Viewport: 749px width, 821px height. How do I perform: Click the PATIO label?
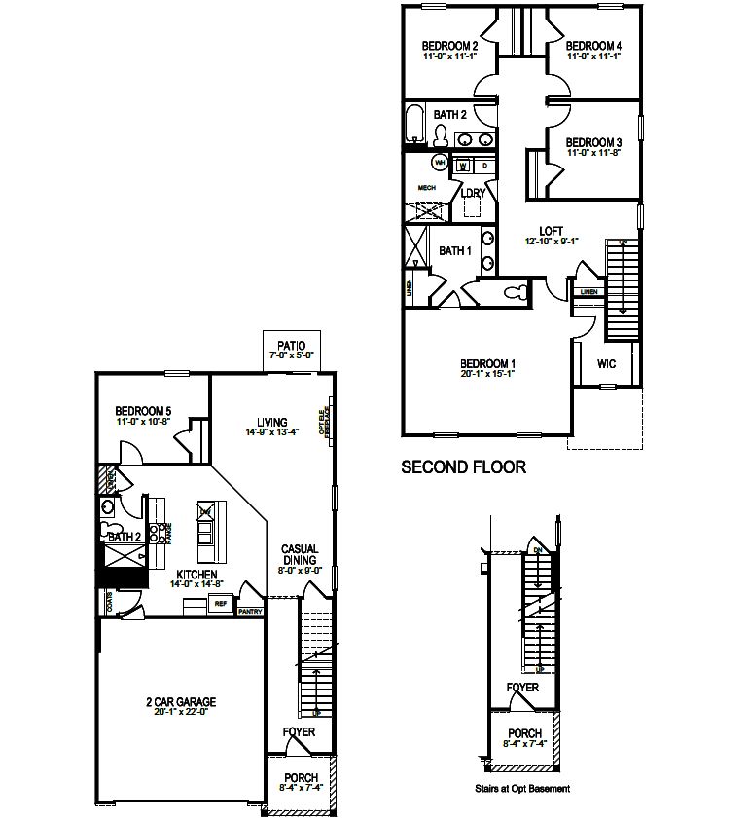pyautogui.click(x=291, y=345)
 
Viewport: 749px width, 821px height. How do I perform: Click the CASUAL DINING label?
pyautogui.click(x=300, y=554)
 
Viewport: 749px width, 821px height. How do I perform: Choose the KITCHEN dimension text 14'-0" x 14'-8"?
pyautogui.click(x=196, y=584)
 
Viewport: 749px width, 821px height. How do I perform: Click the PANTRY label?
pyautogui.click(x=250, y=612)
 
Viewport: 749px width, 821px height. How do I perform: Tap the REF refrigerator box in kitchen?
pyautogui.click(x=220, y=604)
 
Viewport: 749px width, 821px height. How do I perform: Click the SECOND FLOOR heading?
pyautogui.click(x=464, y=467)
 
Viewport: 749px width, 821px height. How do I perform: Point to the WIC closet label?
pyautogui.click(x=606, y=364)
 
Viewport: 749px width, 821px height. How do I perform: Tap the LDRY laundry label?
pyautogui.click(x=474, y=193)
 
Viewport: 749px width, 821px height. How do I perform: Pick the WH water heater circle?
pyautogui.click(x=440, y=163)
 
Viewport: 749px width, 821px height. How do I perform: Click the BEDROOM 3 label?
pyautogui.click(x=592, y=141)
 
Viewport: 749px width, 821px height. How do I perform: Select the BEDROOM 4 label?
pyautogui.click(x=592, y=46)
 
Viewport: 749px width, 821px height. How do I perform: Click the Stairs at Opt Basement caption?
pyautogui.click(x=521, y=789)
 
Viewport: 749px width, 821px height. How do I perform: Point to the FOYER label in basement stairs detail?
pyautogui.click(x=522, y=688)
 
